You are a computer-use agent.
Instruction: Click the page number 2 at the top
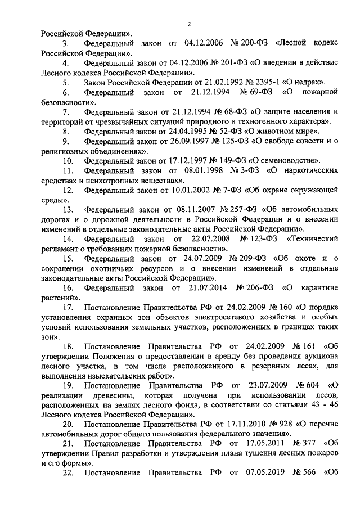tap(190, 23)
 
